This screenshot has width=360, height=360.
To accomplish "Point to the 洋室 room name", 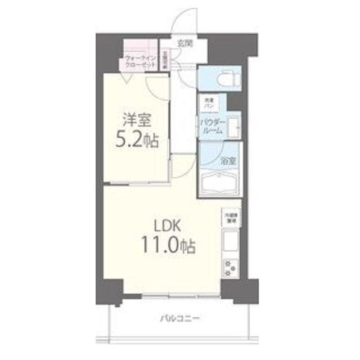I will pos(137,120).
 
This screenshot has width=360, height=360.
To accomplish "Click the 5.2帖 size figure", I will pos(137,139).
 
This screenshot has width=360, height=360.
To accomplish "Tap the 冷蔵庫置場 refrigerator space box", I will pos(231,218).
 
